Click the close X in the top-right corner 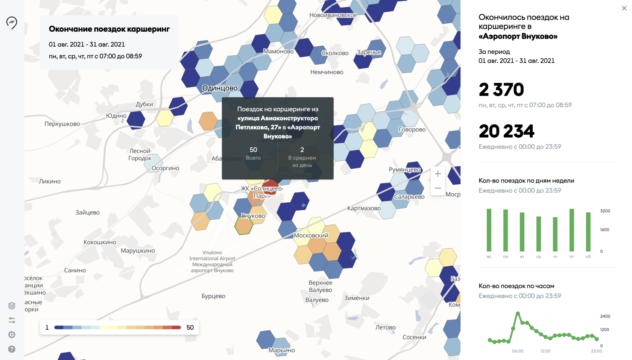[x=624, y=8]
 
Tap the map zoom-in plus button [x=438, y=174]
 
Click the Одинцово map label [x=220, y=88]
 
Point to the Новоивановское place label [x=333, y=15]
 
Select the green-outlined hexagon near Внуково [x=244, y=225]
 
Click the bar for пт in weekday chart [x=572, y=230]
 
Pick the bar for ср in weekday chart [x=539, y=234]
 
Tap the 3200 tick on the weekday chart [x=605, y=211]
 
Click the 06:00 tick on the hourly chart [x=517, y=351]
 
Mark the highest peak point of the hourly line [x=518, y=313]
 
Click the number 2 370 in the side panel [x=501, y=90]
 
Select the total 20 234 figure [x=506, y=131]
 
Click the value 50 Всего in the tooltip [x=253, y=150]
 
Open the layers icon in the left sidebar [x=12, y=305]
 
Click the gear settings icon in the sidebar [x=12, y=334]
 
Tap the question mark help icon [x=12, y=349]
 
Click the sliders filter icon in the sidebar [x=12, y=320]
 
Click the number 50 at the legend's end [x=190, y=328]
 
